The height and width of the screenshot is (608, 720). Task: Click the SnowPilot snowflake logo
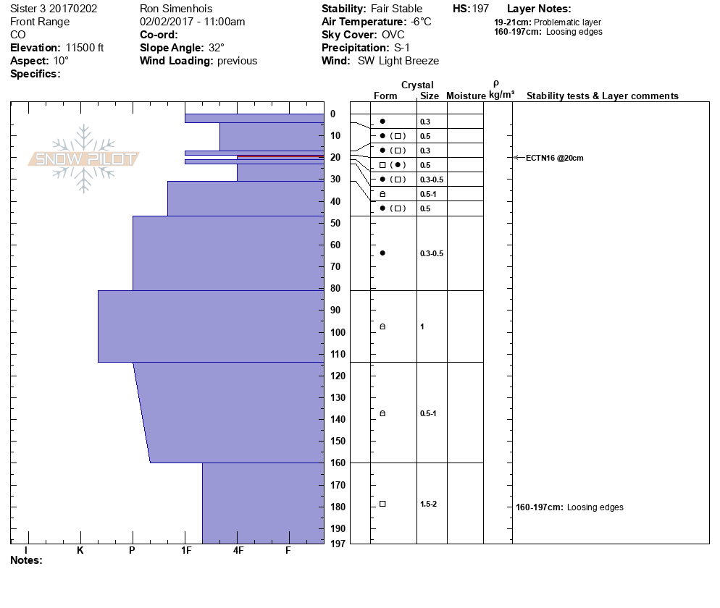click(x=84, y=159)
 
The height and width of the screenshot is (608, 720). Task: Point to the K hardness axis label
click(x=80, y=550)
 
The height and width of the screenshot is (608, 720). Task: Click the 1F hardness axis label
click(x=186, y=550)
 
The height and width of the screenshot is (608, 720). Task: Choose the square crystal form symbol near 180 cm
click(x=382, y=504)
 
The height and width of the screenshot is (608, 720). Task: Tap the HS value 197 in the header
click(x=480, y=9)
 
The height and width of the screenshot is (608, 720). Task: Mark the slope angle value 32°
click(x=217, y=48)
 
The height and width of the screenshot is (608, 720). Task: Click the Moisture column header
click(x=466, y=96)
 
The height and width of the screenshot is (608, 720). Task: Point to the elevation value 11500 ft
click(x=85, y=48)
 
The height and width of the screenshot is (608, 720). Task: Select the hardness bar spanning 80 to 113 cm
click(x=211, y=326)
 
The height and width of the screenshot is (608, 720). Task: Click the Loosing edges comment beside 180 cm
click(x=595, y=507)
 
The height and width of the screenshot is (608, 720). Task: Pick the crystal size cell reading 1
click(x=422, y=326)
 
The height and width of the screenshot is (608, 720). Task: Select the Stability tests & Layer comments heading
click(x=602, y=96)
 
